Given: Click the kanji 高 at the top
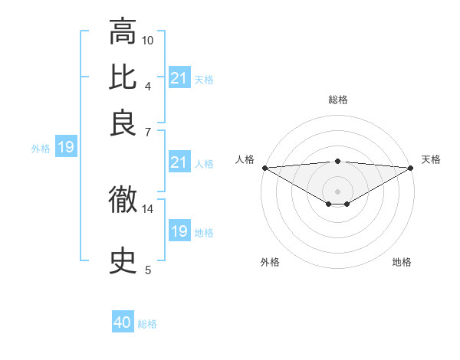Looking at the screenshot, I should (x=123, y=32).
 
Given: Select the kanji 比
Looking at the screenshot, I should (x=123, y=77).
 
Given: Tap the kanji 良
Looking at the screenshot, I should (x=123, y=123).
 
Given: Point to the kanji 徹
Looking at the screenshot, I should (x=123, y=201).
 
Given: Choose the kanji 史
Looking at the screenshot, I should (x=123, y=261).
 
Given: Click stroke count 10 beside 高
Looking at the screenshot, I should (x=148, y=39).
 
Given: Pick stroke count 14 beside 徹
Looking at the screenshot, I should (x=148, y=208).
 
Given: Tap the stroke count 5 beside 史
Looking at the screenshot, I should (x=148, y=270).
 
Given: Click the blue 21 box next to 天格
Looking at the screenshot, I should (x=179, y=78).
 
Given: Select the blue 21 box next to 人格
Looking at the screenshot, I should (x=179, y=162).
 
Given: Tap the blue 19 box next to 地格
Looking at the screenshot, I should (x=179, y=231).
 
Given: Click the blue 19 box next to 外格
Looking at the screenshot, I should (x=66, y=148).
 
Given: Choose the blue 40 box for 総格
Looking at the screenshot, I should (x=123, y=322).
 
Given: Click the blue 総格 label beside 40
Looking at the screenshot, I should (x=147, y=324).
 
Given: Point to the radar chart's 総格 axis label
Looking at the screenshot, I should (x=337, y=100).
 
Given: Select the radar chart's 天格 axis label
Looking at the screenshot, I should (x=431, y=159).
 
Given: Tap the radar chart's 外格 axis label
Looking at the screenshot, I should (x=270, y=263).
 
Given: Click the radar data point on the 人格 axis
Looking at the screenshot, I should (x=264, y=167).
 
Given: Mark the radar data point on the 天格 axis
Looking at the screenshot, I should (x=411, y=167).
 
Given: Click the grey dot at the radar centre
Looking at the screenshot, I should (x=337, y=191).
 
